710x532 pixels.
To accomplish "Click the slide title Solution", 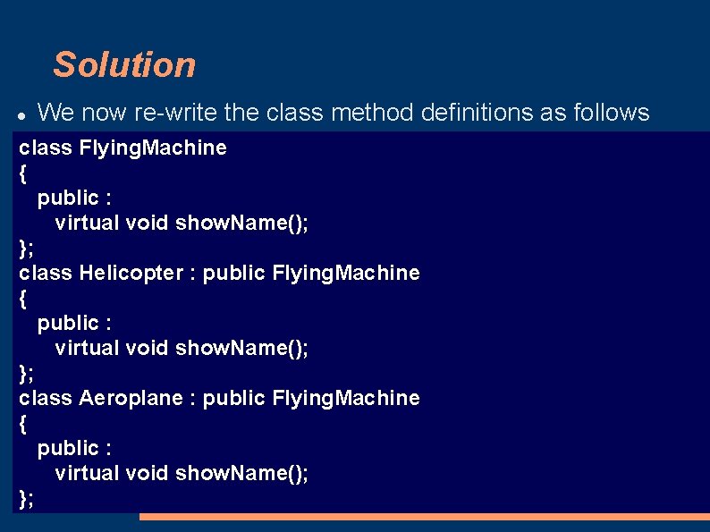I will click(x=123, y=64).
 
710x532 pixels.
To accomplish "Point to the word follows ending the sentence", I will click(x=607, y=113).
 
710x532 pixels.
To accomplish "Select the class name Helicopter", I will click(x=131, y=273).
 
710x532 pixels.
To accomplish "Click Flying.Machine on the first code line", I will click(x=153, y=148).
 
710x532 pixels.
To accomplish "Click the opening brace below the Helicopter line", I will click(x=22, y=298).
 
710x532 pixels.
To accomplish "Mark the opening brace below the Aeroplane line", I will click(x=22, y=423).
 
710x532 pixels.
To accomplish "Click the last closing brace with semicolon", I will click(x=26, y=498).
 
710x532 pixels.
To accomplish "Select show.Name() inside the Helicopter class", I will click(x=241, y=348).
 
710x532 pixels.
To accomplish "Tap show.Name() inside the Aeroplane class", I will click(x=241, y=473).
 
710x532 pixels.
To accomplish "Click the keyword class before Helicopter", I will click(x=46, y=273).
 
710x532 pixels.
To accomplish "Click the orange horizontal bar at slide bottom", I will click(x=424, y=517).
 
